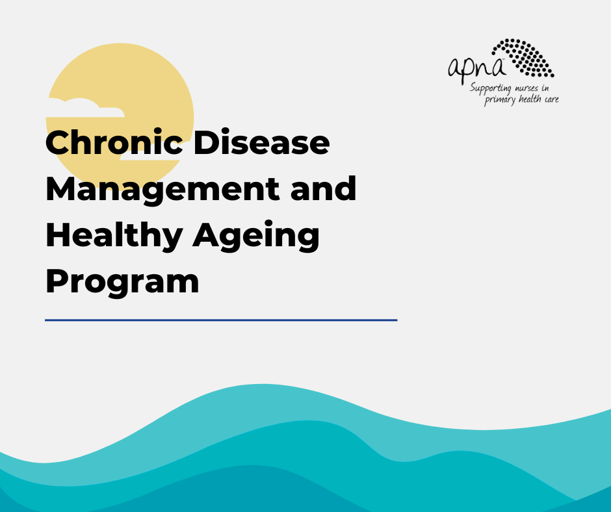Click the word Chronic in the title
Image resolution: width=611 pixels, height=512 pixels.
coord(114,142)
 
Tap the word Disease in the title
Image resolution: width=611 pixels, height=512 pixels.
coord(261,142)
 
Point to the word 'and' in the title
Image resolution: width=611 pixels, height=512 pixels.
coord(324,188)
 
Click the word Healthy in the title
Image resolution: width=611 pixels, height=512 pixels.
coord(114,236)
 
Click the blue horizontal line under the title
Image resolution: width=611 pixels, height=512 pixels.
coord(221,320)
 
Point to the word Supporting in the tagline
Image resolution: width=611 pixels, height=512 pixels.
coord(491,89)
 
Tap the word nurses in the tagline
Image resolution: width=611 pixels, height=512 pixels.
coord(526,88)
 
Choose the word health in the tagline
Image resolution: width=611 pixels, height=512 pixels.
coord(530,99)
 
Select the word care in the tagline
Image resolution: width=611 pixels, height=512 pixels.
coord(552,99)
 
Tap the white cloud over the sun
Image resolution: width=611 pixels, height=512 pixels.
coord(86,108)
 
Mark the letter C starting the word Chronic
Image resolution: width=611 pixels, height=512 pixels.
coord(58,142)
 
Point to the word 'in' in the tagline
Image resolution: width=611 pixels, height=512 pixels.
coord(545,88)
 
